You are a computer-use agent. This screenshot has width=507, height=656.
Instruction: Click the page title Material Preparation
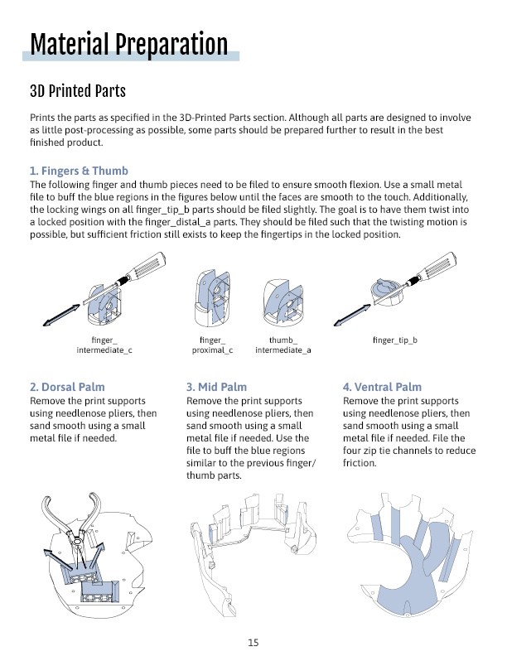click(x=129, y=45)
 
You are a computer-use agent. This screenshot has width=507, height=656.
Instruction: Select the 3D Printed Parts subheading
click(x=78, y=91)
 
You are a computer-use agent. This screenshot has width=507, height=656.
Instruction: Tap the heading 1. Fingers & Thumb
click(x=79, y=171)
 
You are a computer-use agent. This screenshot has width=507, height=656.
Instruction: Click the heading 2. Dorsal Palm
click(x=67, y=387)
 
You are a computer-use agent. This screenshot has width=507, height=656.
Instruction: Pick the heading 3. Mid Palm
click(x=217, y=387)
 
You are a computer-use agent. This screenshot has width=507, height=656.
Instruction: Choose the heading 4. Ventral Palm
click(x=383, y=387)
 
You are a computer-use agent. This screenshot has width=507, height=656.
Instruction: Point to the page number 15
click(x=253, y=643)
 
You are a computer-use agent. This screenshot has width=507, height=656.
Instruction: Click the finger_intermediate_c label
click(x=104, y=345)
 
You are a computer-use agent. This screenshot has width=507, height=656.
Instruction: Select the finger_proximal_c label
click(x=212, y=345)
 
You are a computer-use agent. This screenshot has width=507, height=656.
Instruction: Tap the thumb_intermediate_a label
click(x=283, y=345)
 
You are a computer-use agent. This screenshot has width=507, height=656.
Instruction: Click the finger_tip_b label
click(x=395, y=340)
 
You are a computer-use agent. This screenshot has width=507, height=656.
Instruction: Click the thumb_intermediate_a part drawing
click(x=283, y=302)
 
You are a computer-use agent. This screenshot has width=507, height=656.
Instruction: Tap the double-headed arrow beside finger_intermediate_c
click(x=61, y=315)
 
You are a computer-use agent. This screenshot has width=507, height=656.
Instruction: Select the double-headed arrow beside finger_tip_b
click(x=352, y=315)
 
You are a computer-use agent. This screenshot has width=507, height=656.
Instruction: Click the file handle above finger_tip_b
click(x=437, y=266)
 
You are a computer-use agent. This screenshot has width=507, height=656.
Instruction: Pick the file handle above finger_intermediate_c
click(x=147, y=266)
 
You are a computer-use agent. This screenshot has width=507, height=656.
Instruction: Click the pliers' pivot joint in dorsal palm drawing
click(x=77, y=542)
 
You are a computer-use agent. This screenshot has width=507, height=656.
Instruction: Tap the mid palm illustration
click(x=253, y=554)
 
